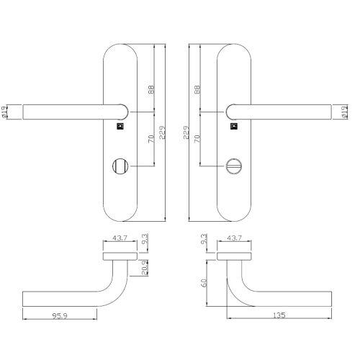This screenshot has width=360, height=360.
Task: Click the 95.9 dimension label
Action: click(60, 315)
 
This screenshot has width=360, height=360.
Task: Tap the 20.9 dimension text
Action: click(145, 268)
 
